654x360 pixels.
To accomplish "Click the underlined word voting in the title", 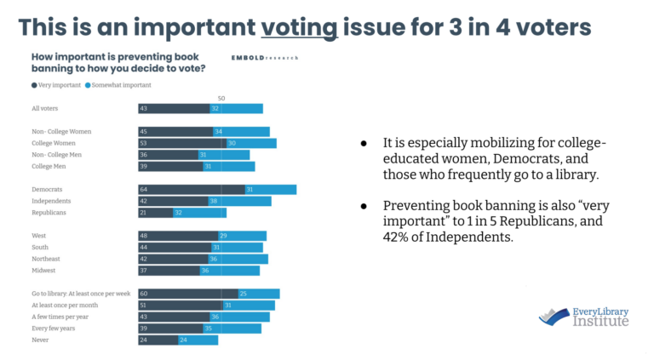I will coord(299,27).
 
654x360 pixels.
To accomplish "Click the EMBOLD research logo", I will coord(265,59).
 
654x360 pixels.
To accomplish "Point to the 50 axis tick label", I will coord(221,99).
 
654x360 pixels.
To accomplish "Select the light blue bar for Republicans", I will coord(199,213).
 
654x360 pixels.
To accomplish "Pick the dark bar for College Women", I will coord(181,143).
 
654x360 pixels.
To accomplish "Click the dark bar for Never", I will coord(158,340).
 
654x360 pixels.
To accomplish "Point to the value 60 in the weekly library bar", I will coord(144,294).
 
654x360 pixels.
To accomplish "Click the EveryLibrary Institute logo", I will coord(584,316).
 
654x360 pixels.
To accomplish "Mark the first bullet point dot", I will coord(364,144).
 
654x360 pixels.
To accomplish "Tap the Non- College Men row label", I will coord(56,155).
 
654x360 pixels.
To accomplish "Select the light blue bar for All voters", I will coord(236,109).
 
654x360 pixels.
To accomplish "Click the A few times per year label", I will coord(60,317).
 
